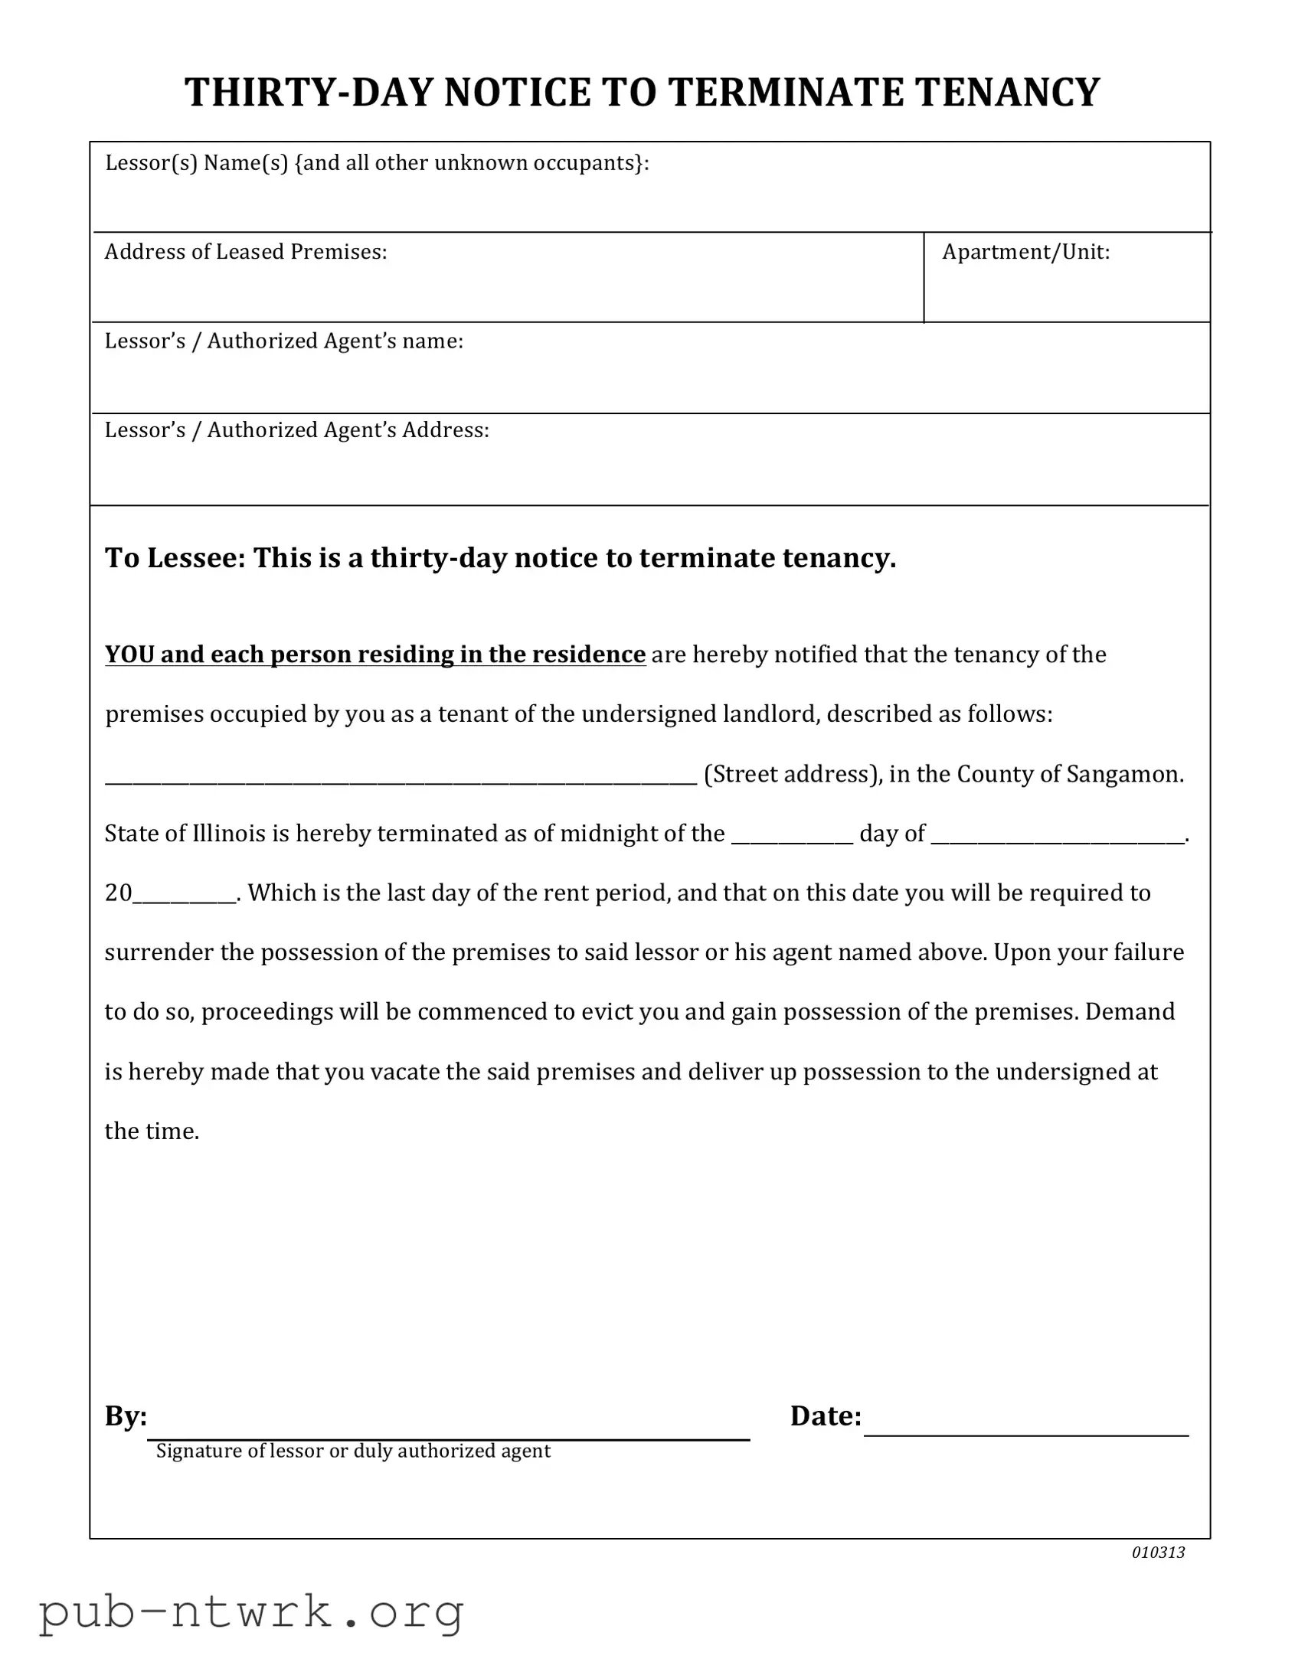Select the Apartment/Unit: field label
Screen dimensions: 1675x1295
1025,253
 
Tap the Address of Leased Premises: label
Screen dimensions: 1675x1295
246,253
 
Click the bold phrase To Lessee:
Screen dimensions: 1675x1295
175,557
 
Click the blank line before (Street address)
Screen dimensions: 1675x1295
401,779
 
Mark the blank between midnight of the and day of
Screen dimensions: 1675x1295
792,837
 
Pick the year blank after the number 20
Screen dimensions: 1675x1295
184,897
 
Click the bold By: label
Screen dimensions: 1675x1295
126,1415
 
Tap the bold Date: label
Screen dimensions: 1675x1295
826,1415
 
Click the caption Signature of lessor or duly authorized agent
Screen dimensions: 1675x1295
353,1451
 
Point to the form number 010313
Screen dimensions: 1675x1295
1158,1553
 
